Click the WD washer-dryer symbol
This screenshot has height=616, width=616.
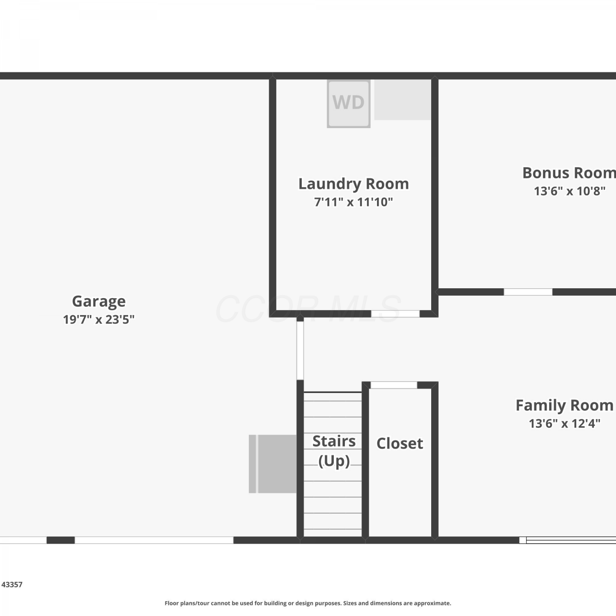tap(349, 103)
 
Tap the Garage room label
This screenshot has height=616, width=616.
tap(99, 301)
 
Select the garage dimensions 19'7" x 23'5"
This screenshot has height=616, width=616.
tap(99, 319)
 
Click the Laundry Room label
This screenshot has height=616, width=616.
tap(354, 184)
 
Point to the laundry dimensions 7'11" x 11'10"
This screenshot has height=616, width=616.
tap(354, 202)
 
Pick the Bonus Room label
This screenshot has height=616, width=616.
tap(569, 173)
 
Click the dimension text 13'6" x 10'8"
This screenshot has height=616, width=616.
tap(570, 191)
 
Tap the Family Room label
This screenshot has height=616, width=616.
tap(565, 405)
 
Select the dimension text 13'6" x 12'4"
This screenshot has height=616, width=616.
tap(565, 423)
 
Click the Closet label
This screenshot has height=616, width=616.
tap(400, 444)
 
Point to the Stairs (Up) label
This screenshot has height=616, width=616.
tap(334, 451)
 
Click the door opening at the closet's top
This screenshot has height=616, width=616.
tap(394, 385)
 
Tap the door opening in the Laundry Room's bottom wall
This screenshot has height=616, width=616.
tap(395, 314)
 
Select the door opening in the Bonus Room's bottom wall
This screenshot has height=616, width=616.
tap(528, 292)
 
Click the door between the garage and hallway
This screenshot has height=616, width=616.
tap(300, 350)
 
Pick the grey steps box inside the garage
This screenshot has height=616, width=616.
tap(273, 464)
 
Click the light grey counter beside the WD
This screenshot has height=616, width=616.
tap(403, 100)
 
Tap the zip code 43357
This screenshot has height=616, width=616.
tap(12, 584)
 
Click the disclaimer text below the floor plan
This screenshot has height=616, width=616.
tap(308, 603)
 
